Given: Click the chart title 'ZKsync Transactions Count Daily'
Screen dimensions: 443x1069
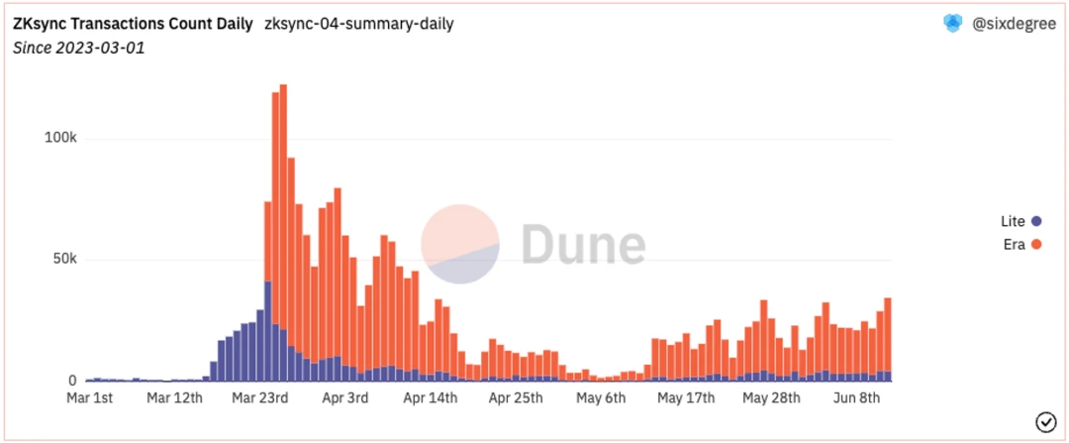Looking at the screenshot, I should (133, 24).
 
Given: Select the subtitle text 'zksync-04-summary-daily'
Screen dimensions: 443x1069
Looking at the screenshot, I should (358, 24).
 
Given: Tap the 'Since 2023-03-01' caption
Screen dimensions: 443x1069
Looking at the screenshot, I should (78, 48).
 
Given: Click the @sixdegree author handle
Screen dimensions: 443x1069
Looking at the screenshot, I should (1014, 25).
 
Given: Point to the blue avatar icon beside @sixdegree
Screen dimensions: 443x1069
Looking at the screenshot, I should (952, 25).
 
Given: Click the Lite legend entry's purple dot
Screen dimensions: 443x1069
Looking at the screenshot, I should (1036, 221).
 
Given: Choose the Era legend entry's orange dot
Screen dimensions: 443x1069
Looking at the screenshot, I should (1036, 244).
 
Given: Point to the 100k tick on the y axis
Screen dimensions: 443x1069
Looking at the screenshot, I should (60, 138).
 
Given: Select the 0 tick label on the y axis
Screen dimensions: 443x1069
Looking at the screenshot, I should (72, 382).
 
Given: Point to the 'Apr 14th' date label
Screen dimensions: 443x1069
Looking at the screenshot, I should (431, 398).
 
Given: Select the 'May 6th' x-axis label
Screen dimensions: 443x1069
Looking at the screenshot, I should (601, 398).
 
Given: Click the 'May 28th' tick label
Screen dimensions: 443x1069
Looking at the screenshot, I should (770, 398).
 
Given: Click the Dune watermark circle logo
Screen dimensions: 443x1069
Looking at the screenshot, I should (460, 244).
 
